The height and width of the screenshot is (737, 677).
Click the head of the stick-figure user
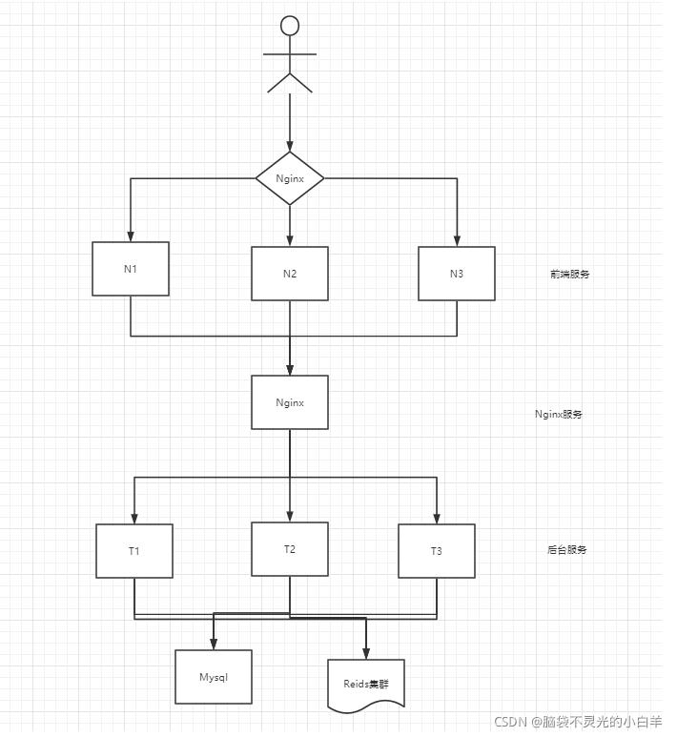point(290,25)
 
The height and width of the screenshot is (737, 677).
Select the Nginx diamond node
point(290,178)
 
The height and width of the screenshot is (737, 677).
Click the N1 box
point(131,269)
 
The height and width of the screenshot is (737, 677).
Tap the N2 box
point(290,274)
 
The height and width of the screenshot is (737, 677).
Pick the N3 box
point(457,274)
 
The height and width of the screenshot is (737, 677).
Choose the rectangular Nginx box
point(290,402)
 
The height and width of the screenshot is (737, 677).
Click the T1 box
point(134,551)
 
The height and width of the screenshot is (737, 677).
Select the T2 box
point(290,549)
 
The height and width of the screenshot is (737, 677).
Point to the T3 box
point(437,551)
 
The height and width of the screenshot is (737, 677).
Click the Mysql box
point(214,677)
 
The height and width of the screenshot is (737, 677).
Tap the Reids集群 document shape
point(366,683)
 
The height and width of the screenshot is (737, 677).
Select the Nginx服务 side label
point(559,415)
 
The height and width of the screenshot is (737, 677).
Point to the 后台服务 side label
point(567,550)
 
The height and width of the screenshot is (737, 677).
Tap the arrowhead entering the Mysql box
point(214,645)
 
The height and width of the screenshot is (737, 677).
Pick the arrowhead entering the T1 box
point(134,518)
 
